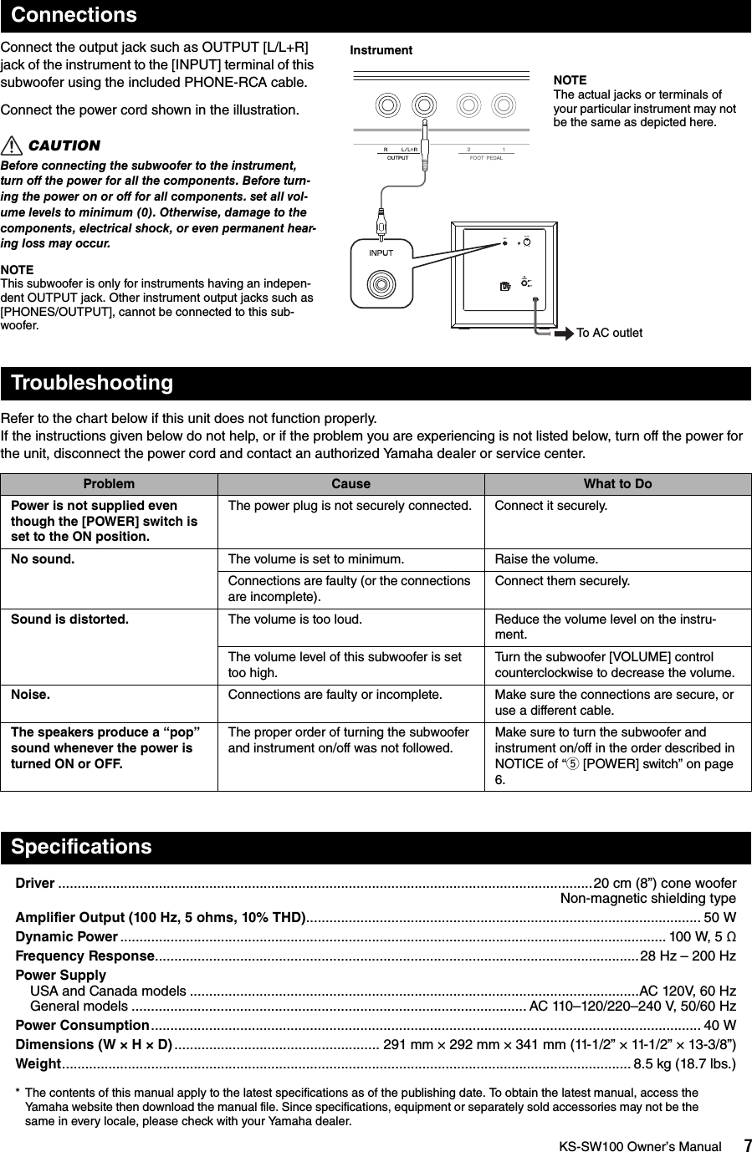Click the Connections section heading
coord(74,15)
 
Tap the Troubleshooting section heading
coord(92,383)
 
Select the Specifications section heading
coord(82,847)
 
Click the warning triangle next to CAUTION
coord(12,146)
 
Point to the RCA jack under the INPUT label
coord(381,284)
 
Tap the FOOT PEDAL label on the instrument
coord(486,157)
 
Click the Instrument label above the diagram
coord(381,50)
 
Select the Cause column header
coord(350,484)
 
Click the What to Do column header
coord(617,484)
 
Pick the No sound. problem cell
coord(42,558)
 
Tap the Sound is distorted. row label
coord(69,619)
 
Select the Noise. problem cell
coord(30,694)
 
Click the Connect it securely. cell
coord(551,506)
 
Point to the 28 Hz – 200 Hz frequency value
coord(688,956)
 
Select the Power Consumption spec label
coord(82,1025)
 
